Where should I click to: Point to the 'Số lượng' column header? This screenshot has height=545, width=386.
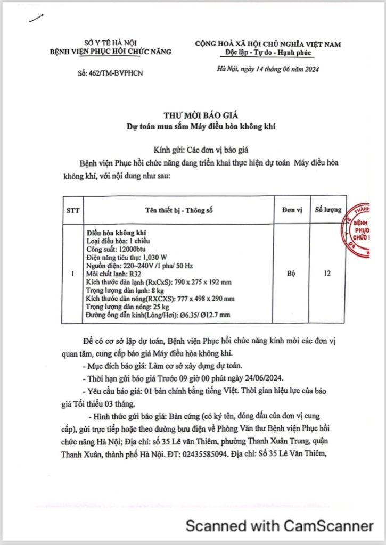pyautogui.click(x=327, y=210)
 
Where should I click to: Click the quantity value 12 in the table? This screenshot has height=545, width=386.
pyautogui.click(x=327, y=274)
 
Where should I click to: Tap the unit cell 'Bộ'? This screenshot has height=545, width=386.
pyautogui.click(x=292, y=274)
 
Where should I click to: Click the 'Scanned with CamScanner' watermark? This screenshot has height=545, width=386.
pyautogui.click(x=279, y=526)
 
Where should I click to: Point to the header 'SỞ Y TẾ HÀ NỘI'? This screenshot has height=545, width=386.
pyautogui.click(x=110, y=43)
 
